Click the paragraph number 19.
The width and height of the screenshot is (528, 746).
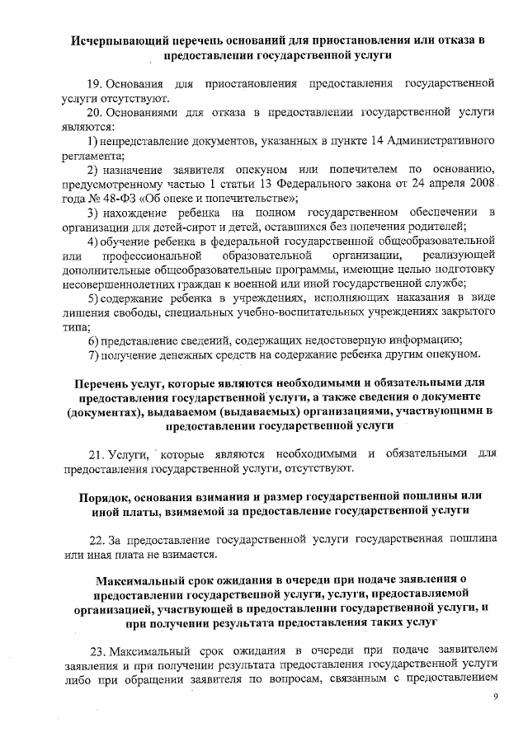[95, 85]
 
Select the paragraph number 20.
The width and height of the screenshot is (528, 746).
[95, 113]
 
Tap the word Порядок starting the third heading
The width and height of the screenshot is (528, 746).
[107, 497]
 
